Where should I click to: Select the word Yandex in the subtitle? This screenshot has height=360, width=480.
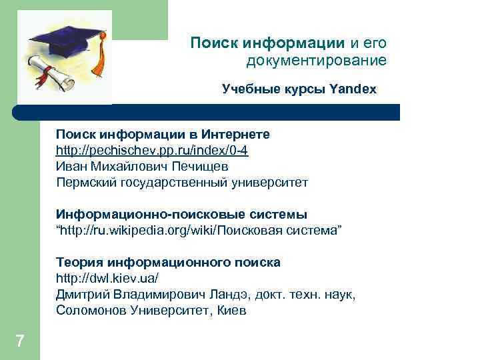(x=353, y=89)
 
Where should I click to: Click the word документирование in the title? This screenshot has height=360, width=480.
(x=316, y=61)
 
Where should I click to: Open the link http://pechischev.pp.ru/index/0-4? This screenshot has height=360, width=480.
(x=152, y=151)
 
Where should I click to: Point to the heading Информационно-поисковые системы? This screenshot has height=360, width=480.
(x=181, y=215)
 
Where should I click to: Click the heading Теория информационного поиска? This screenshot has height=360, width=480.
(x=168, y=262)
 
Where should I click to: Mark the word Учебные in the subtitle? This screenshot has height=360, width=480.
(x=247, y=89)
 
